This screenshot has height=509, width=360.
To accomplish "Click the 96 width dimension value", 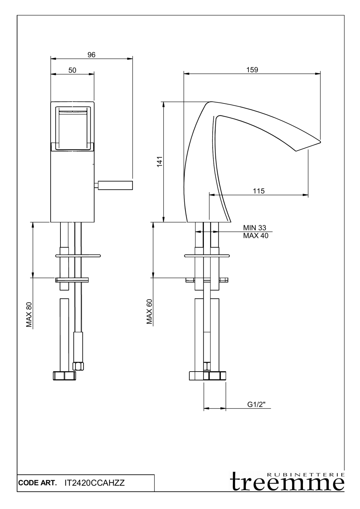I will (91, 55).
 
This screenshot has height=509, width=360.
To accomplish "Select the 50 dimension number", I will (72, 70).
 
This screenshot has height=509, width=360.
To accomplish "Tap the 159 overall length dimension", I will (252, 70).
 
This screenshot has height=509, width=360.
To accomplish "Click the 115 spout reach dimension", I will (258, 191).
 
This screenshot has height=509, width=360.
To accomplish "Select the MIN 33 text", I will (255, 228).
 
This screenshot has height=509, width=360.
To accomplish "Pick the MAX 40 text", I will (255, 235).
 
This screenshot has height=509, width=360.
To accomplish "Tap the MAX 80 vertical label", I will (29, 315).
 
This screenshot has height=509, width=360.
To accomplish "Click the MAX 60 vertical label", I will (149, 312).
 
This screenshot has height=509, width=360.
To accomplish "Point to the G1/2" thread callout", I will (256, 404).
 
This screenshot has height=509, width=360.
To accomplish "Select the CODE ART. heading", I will (37, 483).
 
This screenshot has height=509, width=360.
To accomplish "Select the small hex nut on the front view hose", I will (78, 366).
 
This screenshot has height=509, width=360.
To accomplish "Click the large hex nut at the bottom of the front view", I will (65, 376).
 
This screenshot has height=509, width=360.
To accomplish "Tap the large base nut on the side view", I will (207, 376).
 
